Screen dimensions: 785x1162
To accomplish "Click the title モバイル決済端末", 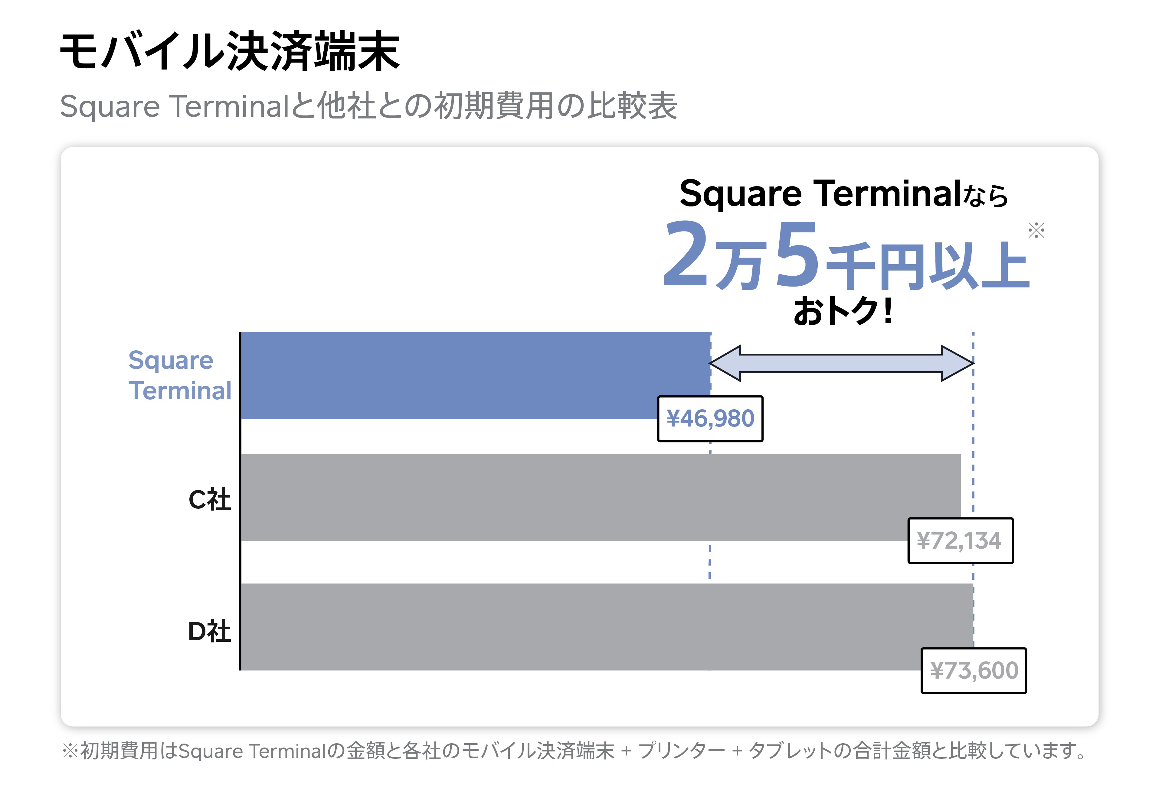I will tap(229, 51).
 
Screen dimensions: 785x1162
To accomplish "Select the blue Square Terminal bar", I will tap(450, 375).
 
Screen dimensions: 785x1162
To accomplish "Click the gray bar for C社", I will tap(575, 497).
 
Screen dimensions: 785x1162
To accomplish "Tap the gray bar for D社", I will tap(575, 627).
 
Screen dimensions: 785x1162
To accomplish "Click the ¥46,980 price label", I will tap(710, 419).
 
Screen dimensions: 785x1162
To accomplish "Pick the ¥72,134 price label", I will tap(960, 541).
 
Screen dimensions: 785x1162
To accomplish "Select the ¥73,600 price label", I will tap(974, 670).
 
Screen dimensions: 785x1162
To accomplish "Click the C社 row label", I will tap(210, 500).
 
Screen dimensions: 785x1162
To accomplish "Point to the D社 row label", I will tap(210, 632).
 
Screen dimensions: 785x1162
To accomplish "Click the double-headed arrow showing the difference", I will tap(841, 363).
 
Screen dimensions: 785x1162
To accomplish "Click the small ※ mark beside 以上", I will tap(1036, 230).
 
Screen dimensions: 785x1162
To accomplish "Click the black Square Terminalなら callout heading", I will tap(843, 193).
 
